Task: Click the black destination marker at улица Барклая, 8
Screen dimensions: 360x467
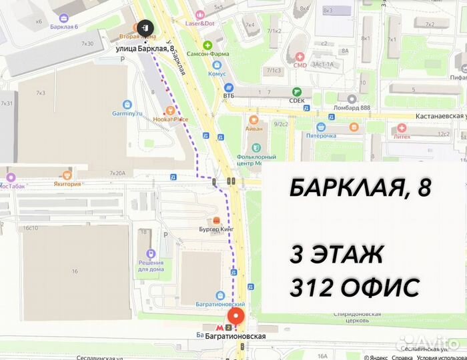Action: click(x=145, y=27)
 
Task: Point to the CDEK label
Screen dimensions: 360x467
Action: click(x=297, y=101)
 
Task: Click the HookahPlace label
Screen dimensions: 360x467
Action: click(x=170, y=119)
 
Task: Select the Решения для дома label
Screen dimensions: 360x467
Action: click(x=151, y=266)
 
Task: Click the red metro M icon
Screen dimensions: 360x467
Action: click(x=229, y=327)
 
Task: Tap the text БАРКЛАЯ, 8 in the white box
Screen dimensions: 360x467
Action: click(x=360, y=189)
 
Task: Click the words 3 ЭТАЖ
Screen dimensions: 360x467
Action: click(x=336, y=254)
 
